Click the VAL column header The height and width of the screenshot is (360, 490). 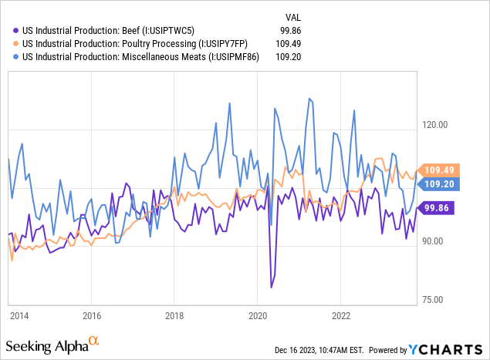(x=293, y=15)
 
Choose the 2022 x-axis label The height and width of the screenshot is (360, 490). (x=341, y=315)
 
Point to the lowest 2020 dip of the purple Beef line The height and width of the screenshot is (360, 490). (x=271, y=288)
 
